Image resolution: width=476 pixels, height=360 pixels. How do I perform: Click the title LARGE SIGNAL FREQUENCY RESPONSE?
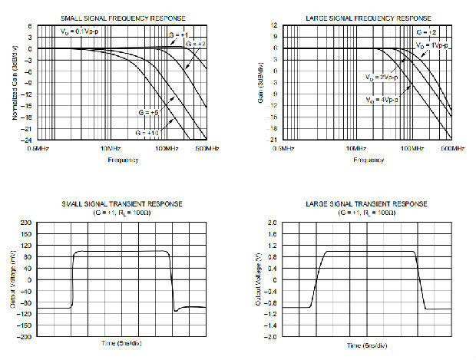click(x=369, y=18)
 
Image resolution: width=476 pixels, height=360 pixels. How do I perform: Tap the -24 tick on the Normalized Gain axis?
click(x=28, y=140)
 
